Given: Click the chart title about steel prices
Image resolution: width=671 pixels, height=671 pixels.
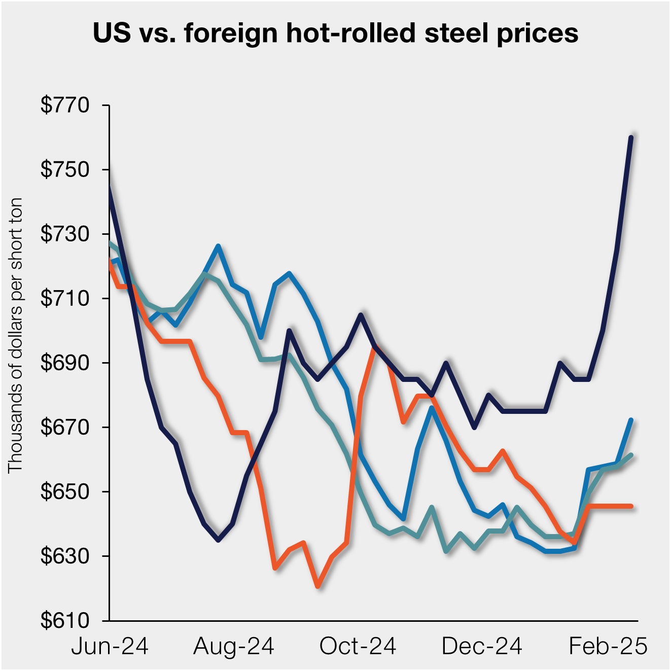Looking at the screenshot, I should click(335, 33).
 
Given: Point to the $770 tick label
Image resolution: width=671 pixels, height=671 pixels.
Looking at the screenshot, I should click(65, 105).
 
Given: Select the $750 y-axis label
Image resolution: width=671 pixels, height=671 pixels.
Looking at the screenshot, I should click(65, 169).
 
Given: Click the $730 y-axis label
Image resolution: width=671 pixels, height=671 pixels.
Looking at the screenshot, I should click(65, 234).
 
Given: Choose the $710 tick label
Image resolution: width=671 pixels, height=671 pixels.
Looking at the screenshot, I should click(65, 298).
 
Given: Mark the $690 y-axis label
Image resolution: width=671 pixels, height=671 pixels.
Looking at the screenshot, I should click(65, 363).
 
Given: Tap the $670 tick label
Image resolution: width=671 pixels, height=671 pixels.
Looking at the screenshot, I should click(65, 427).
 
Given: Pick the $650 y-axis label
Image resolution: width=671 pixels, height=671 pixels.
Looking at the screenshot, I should click(65, 491).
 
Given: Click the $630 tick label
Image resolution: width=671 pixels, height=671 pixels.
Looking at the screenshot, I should click(65, 556).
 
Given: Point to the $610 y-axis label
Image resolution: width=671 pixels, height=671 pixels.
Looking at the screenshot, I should click(65, 620).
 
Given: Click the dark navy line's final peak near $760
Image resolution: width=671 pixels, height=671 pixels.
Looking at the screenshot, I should click(631, 137).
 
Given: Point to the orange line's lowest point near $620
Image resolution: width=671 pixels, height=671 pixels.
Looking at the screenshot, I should click(317, 587).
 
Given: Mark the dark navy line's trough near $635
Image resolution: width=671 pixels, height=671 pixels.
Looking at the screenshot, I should click(218, 540).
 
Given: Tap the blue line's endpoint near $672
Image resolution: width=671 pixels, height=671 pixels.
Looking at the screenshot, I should click(631, 420).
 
